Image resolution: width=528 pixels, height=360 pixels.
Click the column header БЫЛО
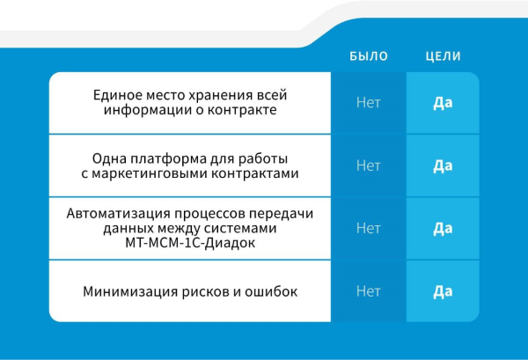369,56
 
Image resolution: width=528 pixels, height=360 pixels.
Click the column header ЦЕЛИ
444,56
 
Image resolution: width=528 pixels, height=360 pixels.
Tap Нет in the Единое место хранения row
369,102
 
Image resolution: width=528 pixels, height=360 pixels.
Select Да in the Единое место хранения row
443,103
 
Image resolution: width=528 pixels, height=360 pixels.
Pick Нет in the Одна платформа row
369,165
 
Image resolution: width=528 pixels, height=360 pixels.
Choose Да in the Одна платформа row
443,165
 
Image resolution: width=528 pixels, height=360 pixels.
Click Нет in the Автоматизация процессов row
369,228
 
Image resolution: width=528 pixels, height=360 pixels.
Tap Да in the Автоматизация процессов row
443,228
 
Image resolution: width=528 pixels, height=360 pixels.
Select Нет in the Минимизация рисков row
369,291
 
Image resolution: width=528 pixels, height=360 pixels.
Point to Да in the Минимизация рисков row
443,291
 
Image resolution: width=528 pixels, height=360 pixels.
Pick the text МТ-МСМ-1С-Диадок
190,242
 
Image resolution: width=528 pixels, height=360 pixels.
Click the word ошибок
271,291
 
